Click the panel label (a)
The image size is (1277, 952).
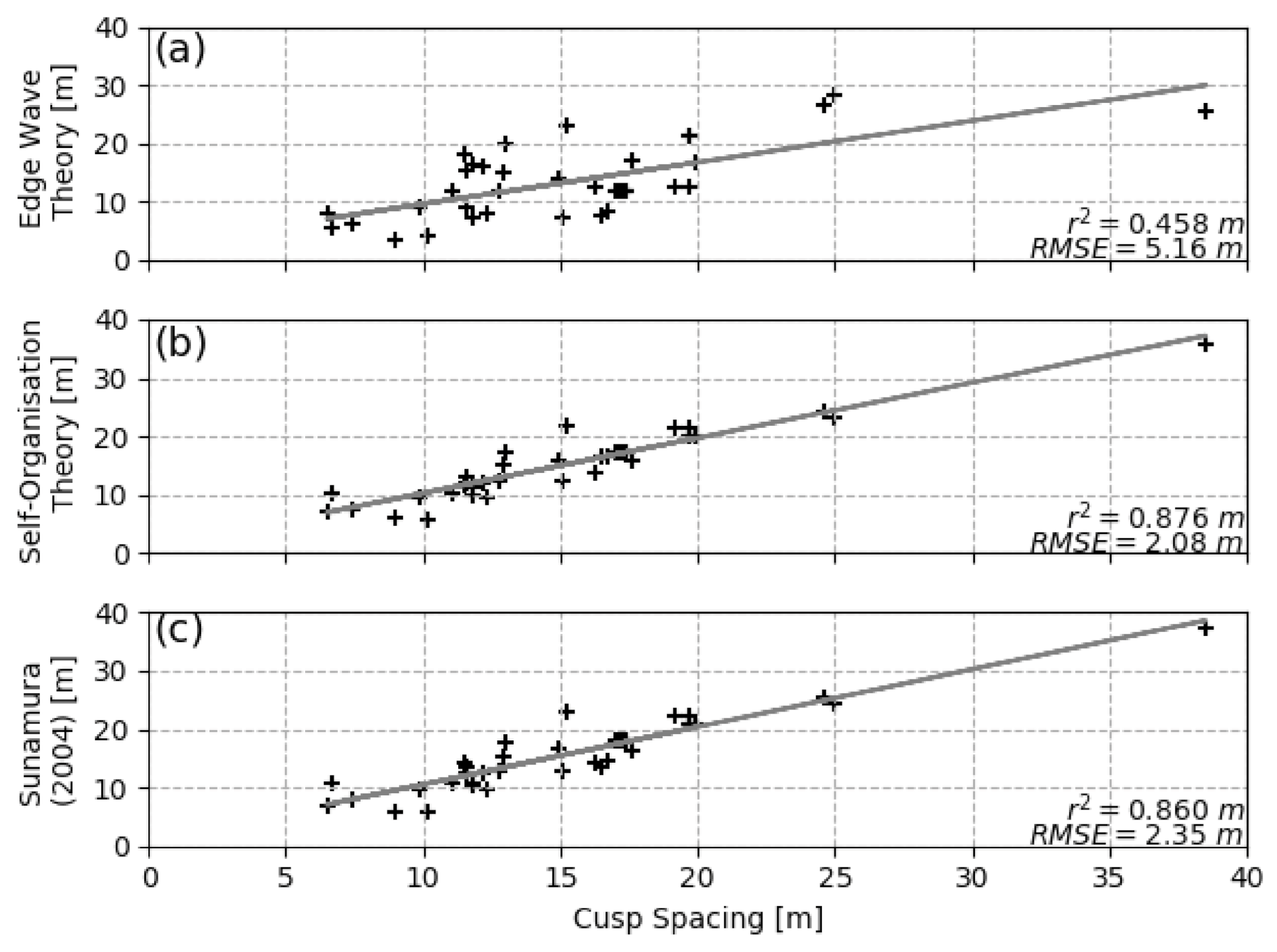180,51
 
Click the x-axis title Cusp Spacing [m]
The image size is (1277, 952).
697,919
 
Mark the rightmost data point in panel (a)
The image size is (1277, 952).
1205,111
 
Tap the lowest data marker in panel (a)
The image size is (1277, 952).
394,240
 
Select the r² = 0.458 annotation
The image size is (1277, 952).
1155,225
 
